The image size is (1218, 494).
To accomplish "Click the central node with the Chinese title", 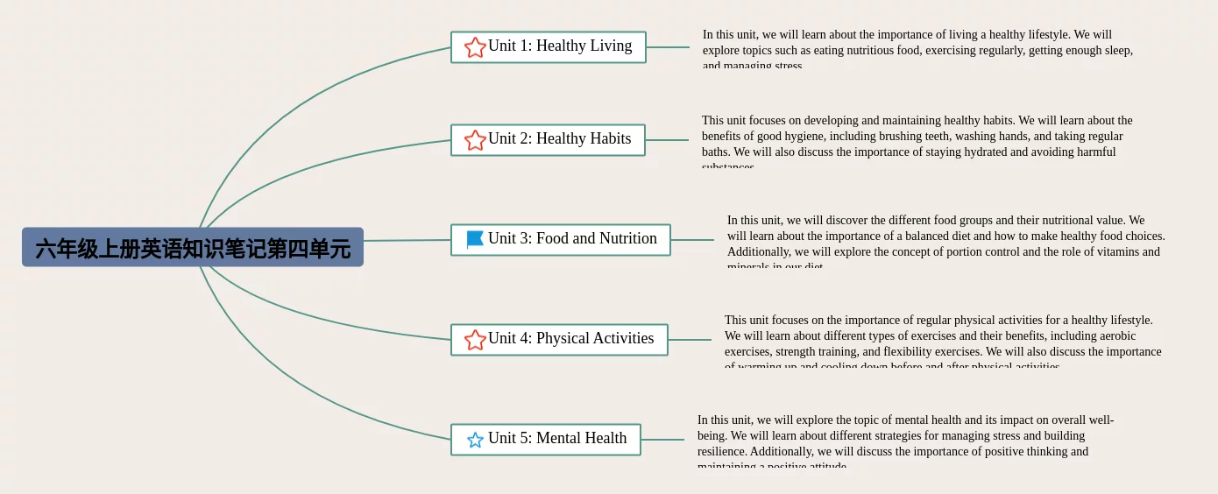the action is point(193,248).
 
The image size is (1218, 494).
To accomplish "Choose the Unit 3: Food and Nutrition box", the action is point(572,239).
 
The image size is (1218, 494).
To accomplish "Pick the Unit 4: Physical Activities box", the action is point(571,339).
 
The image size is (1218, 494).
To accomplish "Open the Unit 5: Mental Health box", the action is point(557,439).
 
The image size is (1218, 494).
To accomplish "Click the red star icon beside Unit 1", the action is point(475,47).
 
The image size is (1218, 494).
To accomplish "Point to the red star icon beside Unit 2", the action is point(475,140).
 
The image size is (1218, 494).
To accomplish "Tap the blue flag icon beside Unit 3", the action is point(475,239).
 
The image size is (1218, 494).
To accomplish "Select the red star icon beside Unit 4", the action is point(475,340).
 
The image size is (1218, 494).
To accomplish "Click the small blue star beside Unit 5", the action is point(475,440).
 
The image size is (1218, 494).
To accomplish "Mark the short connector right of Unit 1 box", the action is point(668,47).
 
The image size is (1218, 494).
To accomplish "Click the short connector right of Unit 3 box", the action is point(692,240).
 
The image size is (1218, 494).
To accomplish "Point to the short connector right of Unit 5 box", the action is point(662,440).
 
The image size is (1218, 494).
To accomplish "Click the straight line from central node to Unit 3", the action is point(407,240).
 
